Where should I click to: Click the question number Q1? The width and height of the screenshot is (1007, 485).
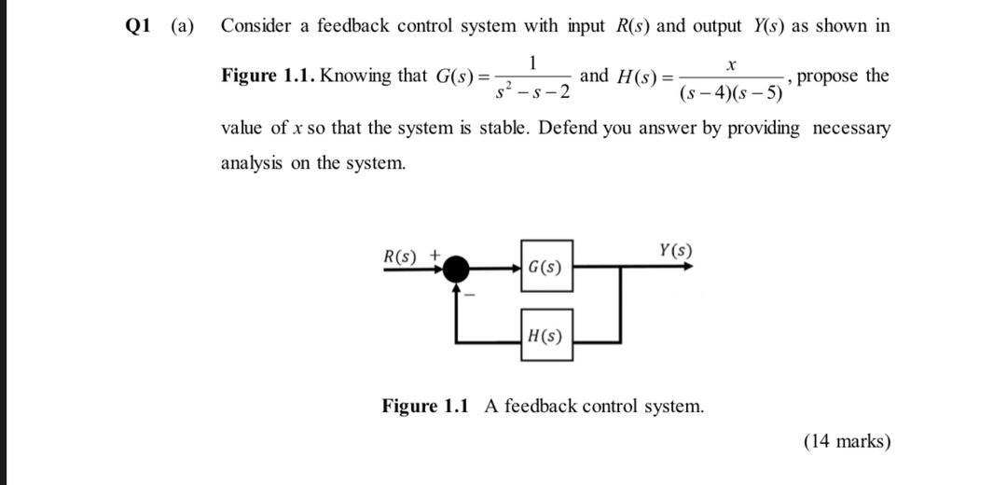pyautogui.click(x=139, y=26)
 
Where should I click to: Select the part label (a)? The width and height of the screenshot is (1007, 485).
pyautogui.click(x=182, y=26)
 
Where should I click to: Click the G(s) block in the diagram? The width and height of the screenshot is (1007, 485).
pyautogui.click(x=545, y=267)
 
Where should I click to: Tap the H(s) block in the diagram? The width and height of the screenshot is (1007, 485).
pyautogui.click(x=545, y=335)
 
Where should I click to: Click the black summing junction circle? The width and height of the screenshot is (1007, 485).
pyautogui.click(x=456, y=269)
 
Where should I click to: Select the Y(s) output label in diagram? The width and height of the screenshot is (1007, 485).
pyautogui.click(x=675, y=250)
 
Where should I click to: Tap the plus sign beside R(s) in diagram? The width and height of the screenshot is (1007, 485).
pyautogui.click(x=434, y=255)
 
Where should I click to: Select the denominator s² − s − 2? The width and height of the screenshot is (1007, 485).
pyautogui.click(x=532, y=93)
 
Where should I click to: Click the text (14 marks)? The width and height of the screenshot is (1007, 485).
pyautogui.click(x=847, y=441)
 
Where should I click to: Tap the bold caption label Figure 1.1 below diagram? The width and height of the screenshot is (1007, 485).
pyautogui.click(x=424, y=406)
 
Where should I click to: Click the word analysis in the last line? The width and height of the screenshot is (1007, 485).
pyautogui.click(x=251, y=162)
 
